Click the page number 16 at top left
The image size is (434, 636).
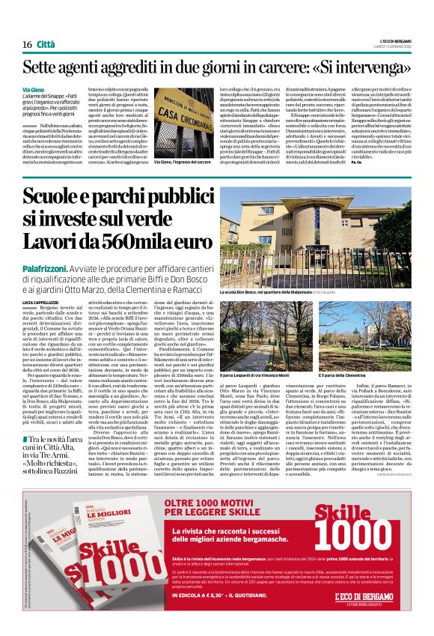click(x=26, y=45)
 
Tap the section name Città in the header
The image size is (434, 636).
click(x=46, y=45)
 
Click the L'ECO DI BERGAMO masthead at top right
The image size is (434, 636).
click(x=393, y=40)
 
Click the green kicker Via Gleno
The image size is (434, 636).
click(x=32, y=89)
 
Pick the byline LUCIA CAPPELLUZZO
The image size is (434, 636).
click(x=43, y=300)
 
